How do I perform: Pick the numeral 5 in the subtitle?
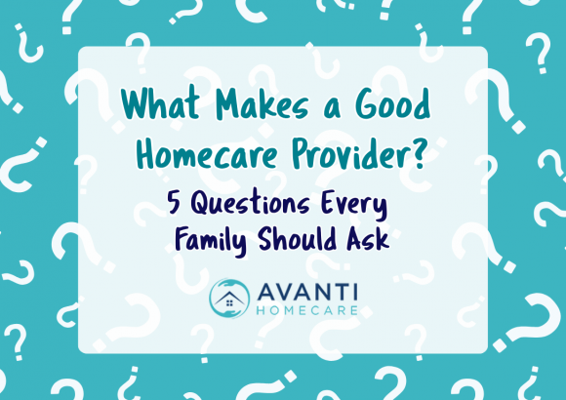pos(176,205)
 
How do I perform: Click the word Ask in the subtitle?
pos(366,239)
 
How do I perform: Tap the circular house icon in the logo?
pos(229,298)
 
